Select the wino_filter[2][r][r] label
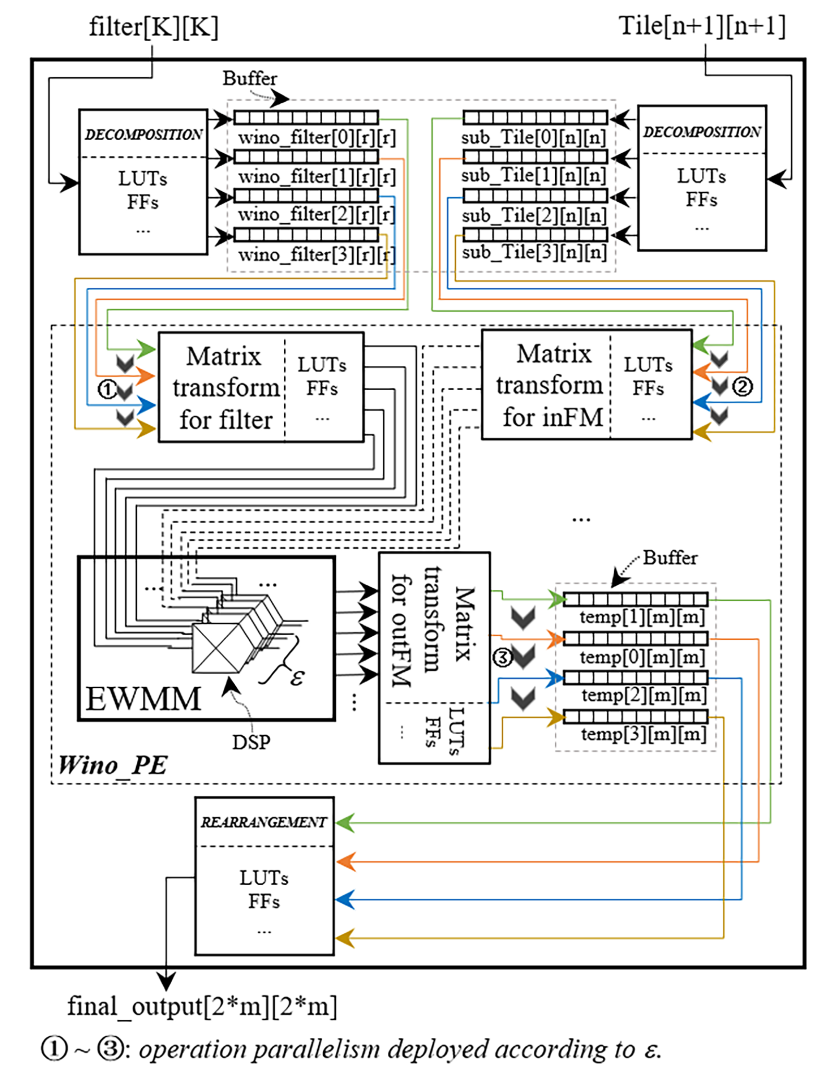[316, 215]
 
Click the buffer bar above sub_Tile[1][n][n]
[535, 157]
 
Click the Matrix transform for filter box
[225, 387]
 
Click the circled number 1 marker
[107, 389]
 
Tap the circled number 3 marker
[503, 657]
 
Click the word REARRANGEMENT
[264, 822]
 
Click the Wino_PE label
[113, 765]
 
